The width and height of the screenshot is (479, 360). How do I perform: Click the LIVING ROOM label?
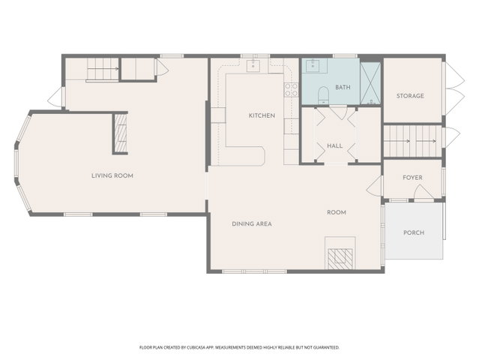pos(112,175)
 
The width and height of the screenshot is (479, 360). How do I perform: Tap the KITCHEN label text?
pos(262,115)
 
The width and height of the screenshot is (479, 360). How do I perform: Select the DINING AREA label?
pos(252,223)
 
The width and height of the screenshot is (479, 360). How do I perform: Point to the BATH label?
pos(343,88)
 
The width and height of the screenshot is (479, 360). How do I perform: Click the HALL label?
pos(335,145)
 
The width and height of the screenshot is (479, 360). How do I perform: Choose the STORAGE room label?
pos(410,96)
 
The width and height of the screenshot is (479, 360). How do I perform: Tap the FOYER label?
pos(412,178)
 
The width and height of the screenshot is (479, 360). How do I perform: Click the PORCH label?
pos(414,232)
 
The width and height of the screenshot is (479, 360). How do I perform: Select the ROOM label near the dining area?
pos(337,212)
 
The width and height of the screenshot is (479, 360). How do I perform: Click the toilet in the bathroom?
pos(323,95)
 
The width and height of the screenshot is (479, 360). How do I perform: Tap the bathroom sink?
pos(313,65)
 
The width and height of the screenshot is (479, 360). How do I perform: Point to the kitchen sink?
pos(253,66)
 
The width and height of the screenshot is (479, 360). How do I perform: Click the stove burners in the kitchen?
pos(291,89)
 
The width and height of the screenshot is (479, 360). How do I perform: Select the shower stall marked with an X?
pos(370,83)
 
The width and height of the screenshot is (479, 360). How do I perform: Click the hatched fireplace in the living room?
pos(121,133)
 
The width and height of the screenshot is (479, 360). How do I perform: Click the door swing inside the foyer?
pos(423,192)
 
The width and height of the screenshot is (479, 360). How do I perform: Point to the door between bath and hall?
pos(338,112)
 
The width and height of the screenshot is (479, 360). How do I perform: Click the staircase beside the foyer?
pos(413,141)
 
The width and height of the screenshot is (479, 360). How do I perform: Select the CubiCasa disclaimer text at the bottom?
pos(240,347)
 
